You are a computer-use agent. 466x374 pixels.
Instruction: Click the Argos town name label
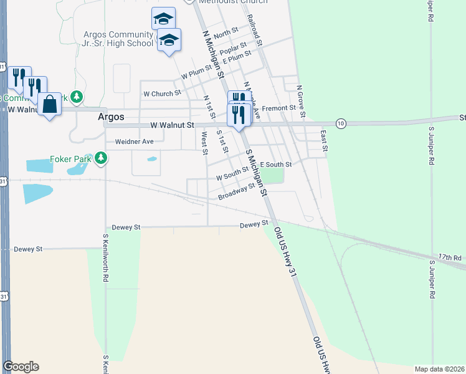click(112, 117)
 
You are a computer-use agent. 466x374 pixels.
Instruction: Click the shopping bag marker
click(49, 104)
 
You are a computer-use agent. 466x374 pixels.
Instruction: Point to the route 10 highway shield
click(340, 123)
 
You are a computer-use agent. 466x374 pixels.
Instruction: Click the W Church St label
click(162, 93)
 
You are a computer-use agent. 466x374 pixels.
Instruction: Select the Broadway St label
click(237, 192)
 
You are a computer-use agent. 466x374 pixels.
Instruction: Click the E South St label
click(276, 164)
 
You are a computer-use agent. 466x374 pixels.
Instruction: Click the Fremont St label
click(278, 108)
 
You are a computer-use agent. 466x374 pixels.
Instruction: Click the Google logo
click(20, 367)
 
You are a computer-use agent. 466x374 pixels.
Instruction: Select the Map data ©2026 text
click(439, 369)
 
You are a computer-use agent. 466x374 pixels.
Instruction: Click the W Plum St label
click(197, 74)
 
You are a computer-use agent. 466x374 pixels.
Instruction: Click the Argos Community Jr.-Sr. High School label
click(118, 39)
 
